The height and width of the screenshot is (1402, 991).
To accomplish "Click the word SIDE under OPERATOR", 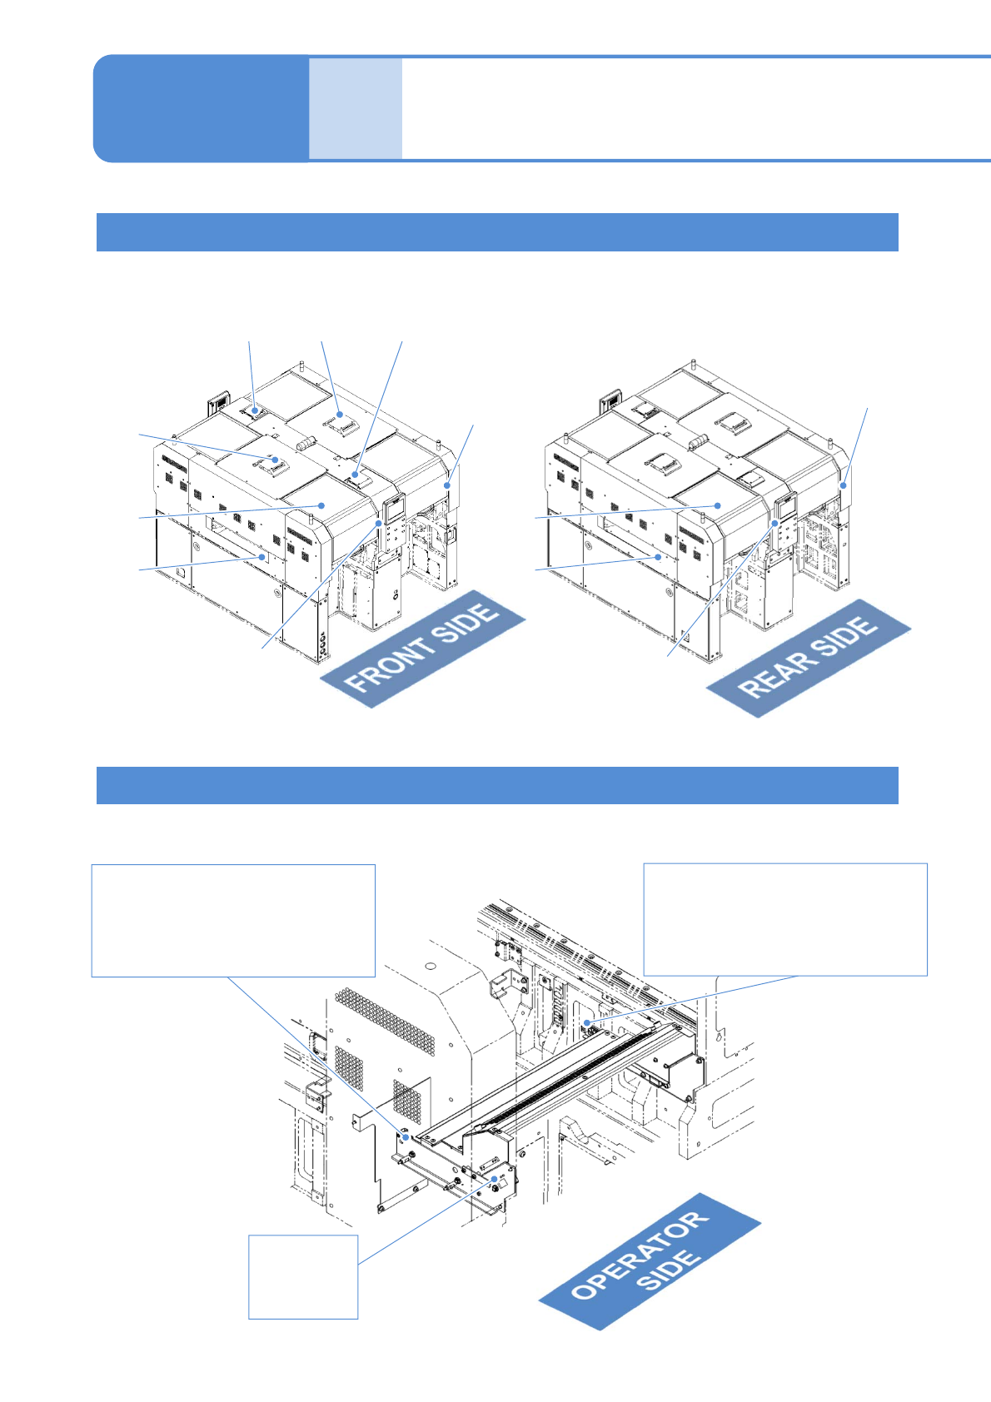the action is [x=669, y=1270].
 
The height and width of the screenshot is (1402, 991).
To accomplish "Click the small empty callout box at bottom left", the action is [x=303, y=1276].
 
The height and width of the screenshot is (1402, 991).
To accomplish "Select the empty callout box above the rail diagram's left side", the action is [x=233, y=920].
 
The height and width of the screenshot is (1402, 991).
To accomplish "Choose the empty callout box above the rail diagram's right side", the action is [x=785, y=919].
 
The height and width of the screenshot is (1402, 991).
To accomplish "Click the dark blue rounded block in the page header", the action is [x=201, y=108].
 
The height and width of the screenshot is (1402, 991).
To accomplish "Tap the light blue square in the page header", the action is [x=356, y=108].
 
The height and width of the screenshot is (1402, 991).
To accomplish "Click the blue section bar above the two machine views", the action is [x=497, y=231].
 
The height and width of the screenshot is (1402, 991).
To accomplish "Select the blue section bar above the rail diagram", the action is [x=497, y=785].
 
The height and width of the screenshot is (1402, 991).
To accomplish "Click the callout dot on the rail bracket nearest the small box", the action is [x=495, y=1180].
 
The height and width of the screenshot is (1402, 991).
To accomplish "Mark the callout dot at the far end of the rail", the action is [x=587, y=1022].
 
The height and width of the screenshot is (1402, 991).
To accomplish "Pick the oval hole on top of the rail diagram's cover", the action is [x=430, y=966].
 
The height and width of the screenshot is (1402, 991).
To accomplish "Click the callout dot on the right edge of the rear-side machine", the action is [x=844, y=485].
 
